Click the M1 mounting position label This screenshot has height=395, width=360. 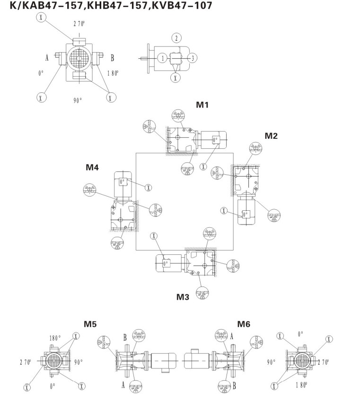point(202,105)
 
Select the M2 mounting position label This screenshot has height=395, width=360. point(271,136)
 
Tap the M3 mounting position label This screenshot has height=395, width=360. point(183,297)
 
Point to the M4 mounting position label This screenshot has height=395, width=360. point(92,167)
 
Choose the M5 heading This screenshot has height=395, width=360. point(90,324)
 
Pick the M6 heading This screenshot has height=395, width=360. point(244,324)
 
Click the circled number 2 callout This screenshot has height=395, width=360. point(176,38)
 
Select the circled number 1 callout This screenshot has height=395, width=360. point(163,58)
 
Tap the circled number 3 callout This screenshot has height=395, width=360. point(193,58)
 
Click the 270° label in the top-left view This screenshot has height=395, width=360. point(79,24)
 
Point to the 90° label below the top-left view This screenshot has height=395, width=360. point(78,100)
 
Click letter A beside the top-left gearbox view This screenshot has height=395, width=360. point(47,58)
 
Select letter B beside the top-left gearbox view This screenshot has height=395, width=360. point(112,58)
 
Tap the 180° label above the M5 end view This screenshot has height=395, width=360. point(55,338)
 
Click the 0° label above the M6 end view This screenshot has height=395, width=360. point(300,334)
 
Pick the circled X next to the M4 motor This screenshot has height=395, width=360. point(149,188)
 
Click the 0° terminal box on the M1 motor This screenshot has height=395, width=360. point(215,140)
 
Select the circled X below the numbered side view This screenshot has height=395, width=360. point(176,78)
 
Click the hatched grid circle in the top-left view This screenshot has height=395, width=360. point(79,58)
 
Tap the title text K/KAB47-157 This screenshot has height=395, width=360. point(47,5)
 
